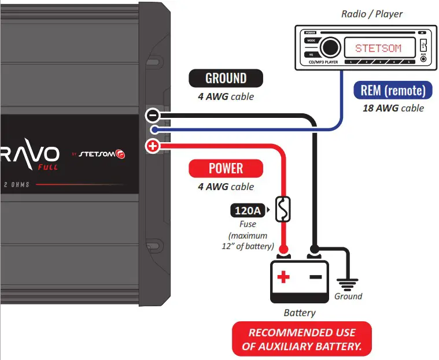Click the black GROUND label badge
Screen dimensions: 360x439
226,78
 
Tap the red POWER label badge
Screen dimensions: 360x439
226,168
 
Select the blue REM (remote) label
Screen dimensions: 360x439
393,90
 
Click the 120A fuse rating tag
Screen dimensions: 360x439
247,210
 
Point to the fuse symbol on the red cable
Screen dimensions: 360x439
283,210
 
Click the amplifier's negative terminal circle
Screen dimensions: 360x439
152,116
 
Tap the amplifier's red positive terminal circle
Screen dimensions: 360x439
152,146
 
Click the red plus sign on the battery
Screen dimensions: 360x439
283,277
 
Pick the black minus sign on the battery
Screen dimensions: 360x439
315,277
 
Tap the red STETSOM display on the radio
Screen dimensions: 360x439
378,48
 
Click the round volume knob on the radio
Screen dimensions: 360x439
330,47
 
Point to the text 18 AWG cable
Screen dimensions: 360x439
393,108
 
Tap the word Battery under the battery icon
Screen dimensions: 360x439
300,313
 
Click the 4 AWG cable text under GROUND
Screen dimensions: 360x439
226,97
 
